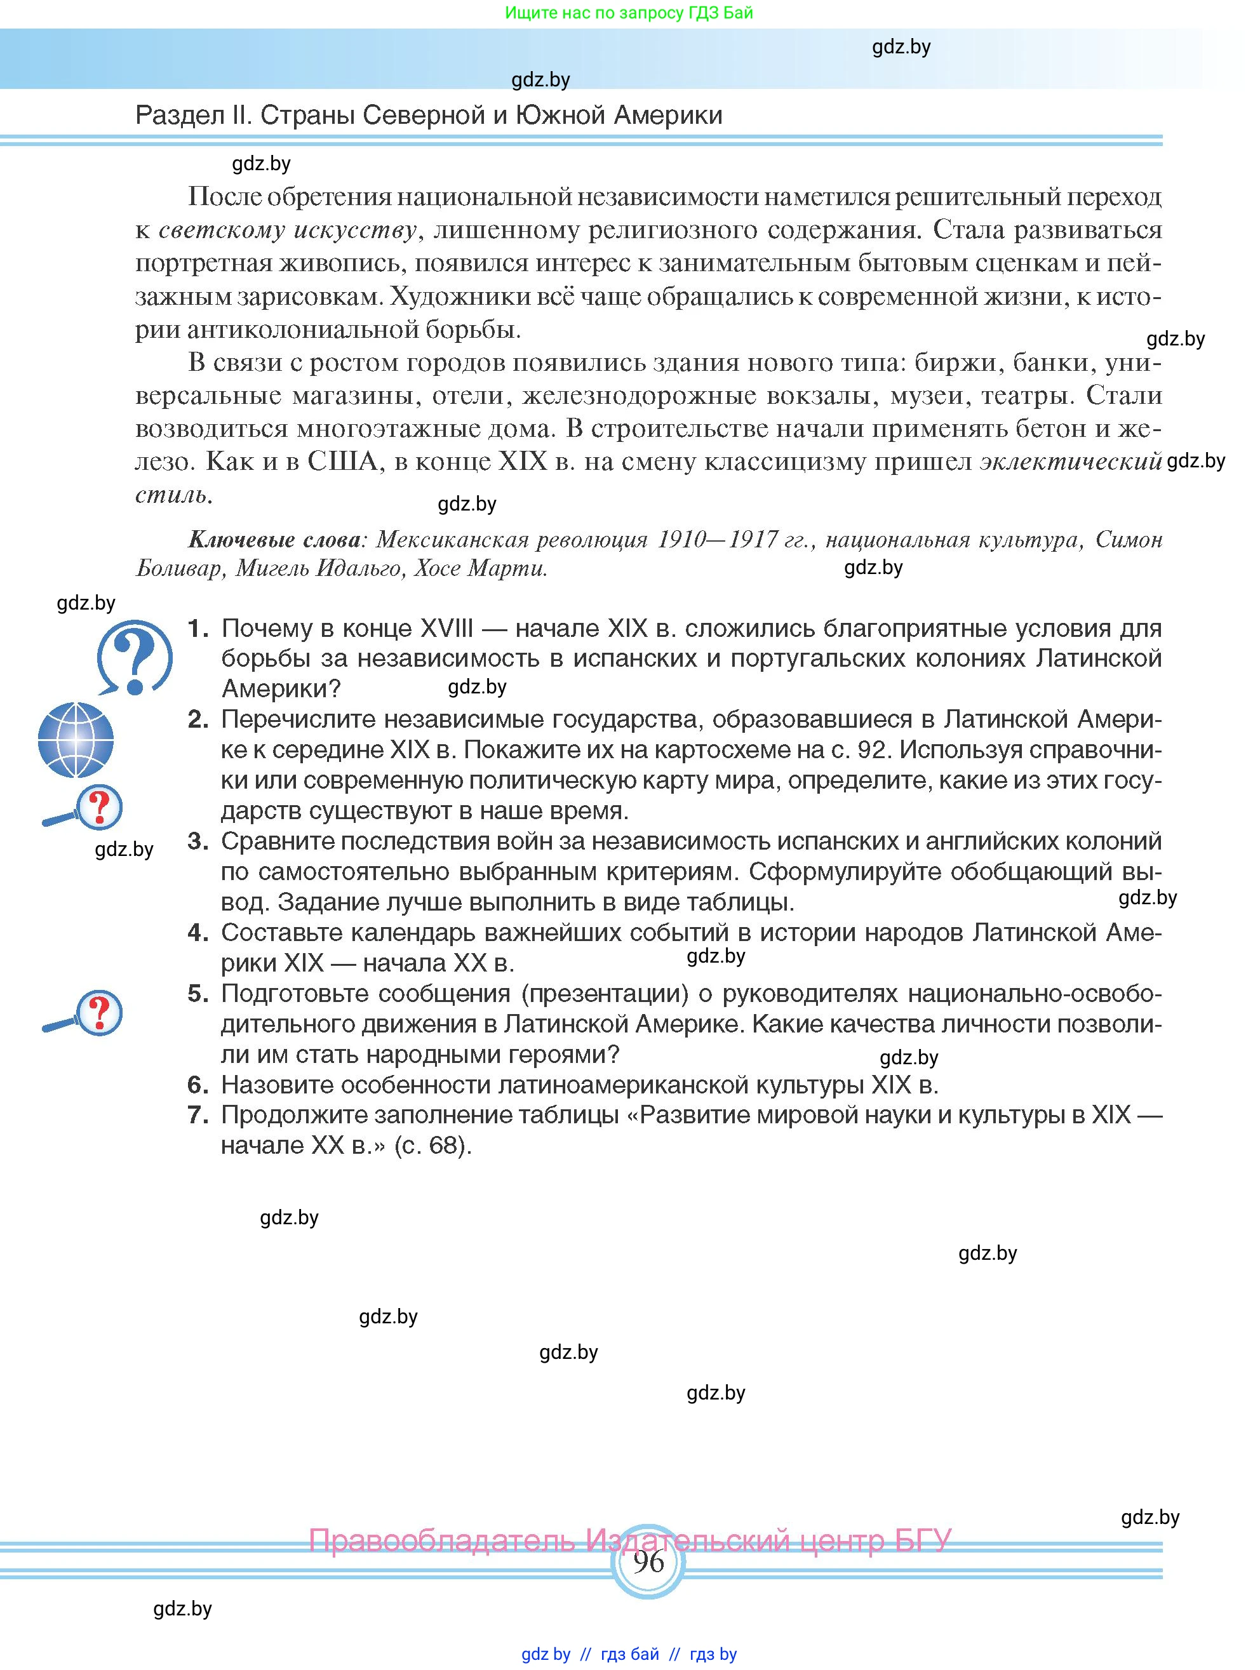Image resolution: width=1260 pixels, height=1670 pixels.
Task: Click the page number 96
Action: (x=648, y=1561)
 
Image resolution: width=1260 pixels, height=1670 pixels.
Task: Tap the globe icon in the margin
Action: (x=76, y=740)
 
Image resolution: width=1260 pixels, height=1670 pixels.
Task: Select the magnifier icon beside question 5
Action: (x=83, y=1013)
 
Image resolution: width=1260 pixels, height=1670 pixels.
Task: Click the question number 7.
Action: (x=198, y=1114)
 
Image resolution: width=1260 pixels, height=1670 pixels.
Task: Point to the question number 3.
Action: (x=198, y=841)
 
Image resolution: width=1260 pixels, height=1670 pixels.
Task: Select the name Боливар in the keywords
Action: (x=180, y=568)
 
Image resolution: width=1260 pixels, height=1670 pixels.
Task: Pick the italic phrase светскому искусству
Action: (x=288, y=230)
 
